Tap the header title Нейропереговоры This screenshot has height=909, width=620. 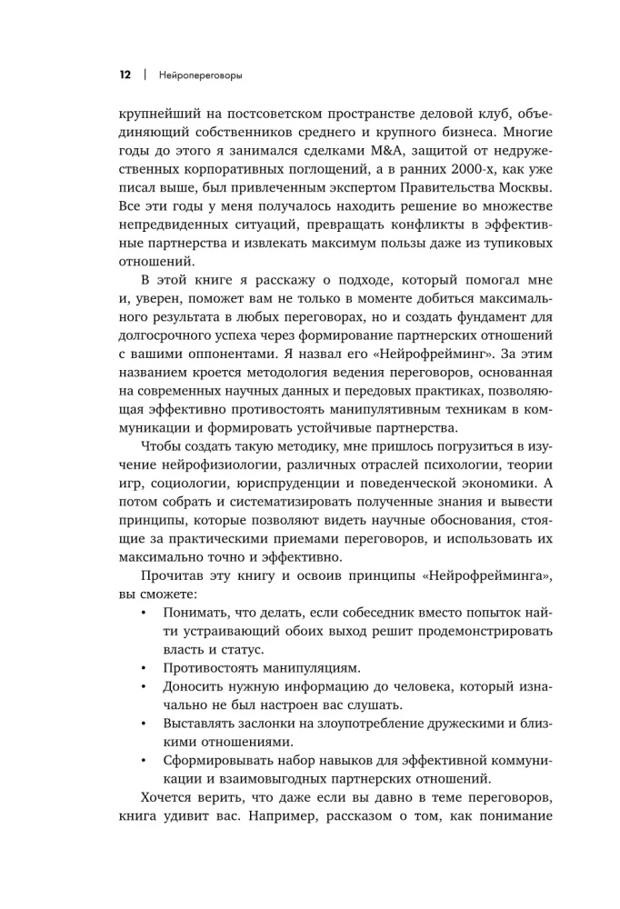[200, 75]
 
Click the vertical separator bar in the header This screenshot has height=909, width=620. [144, 75]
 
